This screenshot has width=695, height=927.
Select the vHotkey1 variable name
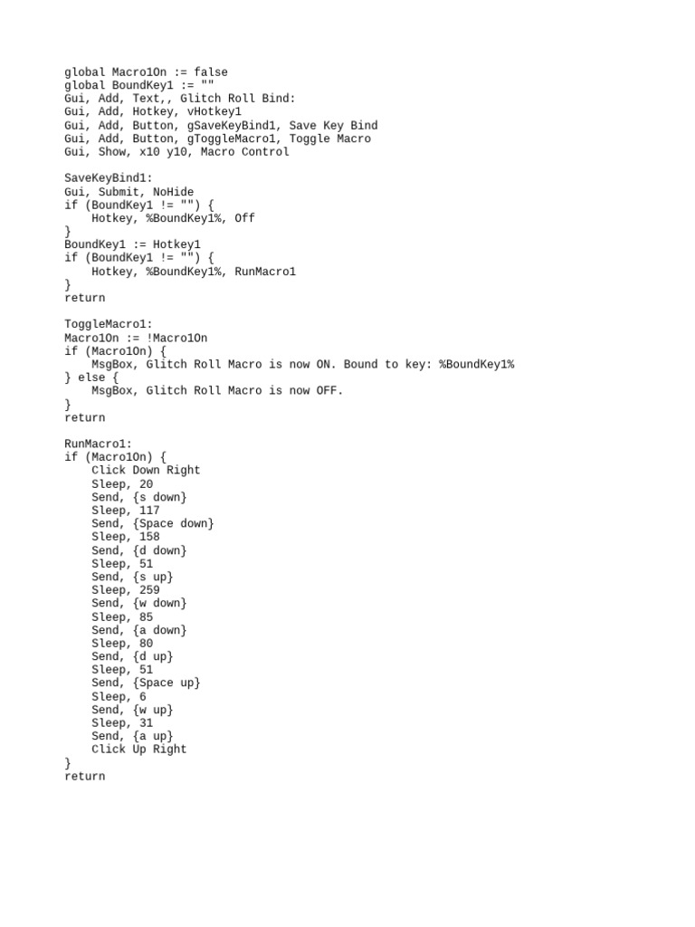[x=214, y=112]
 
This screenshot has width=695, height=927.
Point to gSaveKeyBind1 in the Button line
[x=231, y=126]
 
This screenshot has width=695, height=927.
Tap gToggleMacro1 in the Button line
[x=231, y=139]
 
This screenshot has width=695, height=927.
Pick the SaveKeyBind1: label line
[x=109, y=178]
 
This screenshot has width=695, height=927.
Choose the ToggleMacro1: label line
[x=109, y=324]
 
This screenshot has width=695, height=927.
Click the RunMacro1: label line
[x=99, y=444]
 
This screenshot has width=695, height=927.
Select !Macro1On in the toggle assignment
[x=176, y=338]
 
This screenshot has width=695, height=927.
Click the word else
[x=91, y=377]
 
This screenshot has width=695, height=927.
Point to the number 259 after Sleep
[x=149, y=590]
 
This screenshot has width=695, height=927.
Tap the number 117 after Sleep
[x=149, y=511]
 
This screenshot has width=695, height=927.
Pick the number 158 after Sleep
[x=149, y=537]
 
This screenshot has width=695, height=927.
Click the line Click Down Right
[x=146, y=471]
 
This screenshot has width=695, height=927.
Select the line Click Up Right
[x=139, y=750]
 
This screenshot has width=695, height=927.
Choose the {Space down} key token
[x=173, y=524]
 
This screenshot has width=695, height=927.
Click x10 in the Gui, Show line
[x=149, y=152]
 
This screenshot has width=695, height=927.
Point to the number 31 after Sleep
[x=146, y=723]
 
